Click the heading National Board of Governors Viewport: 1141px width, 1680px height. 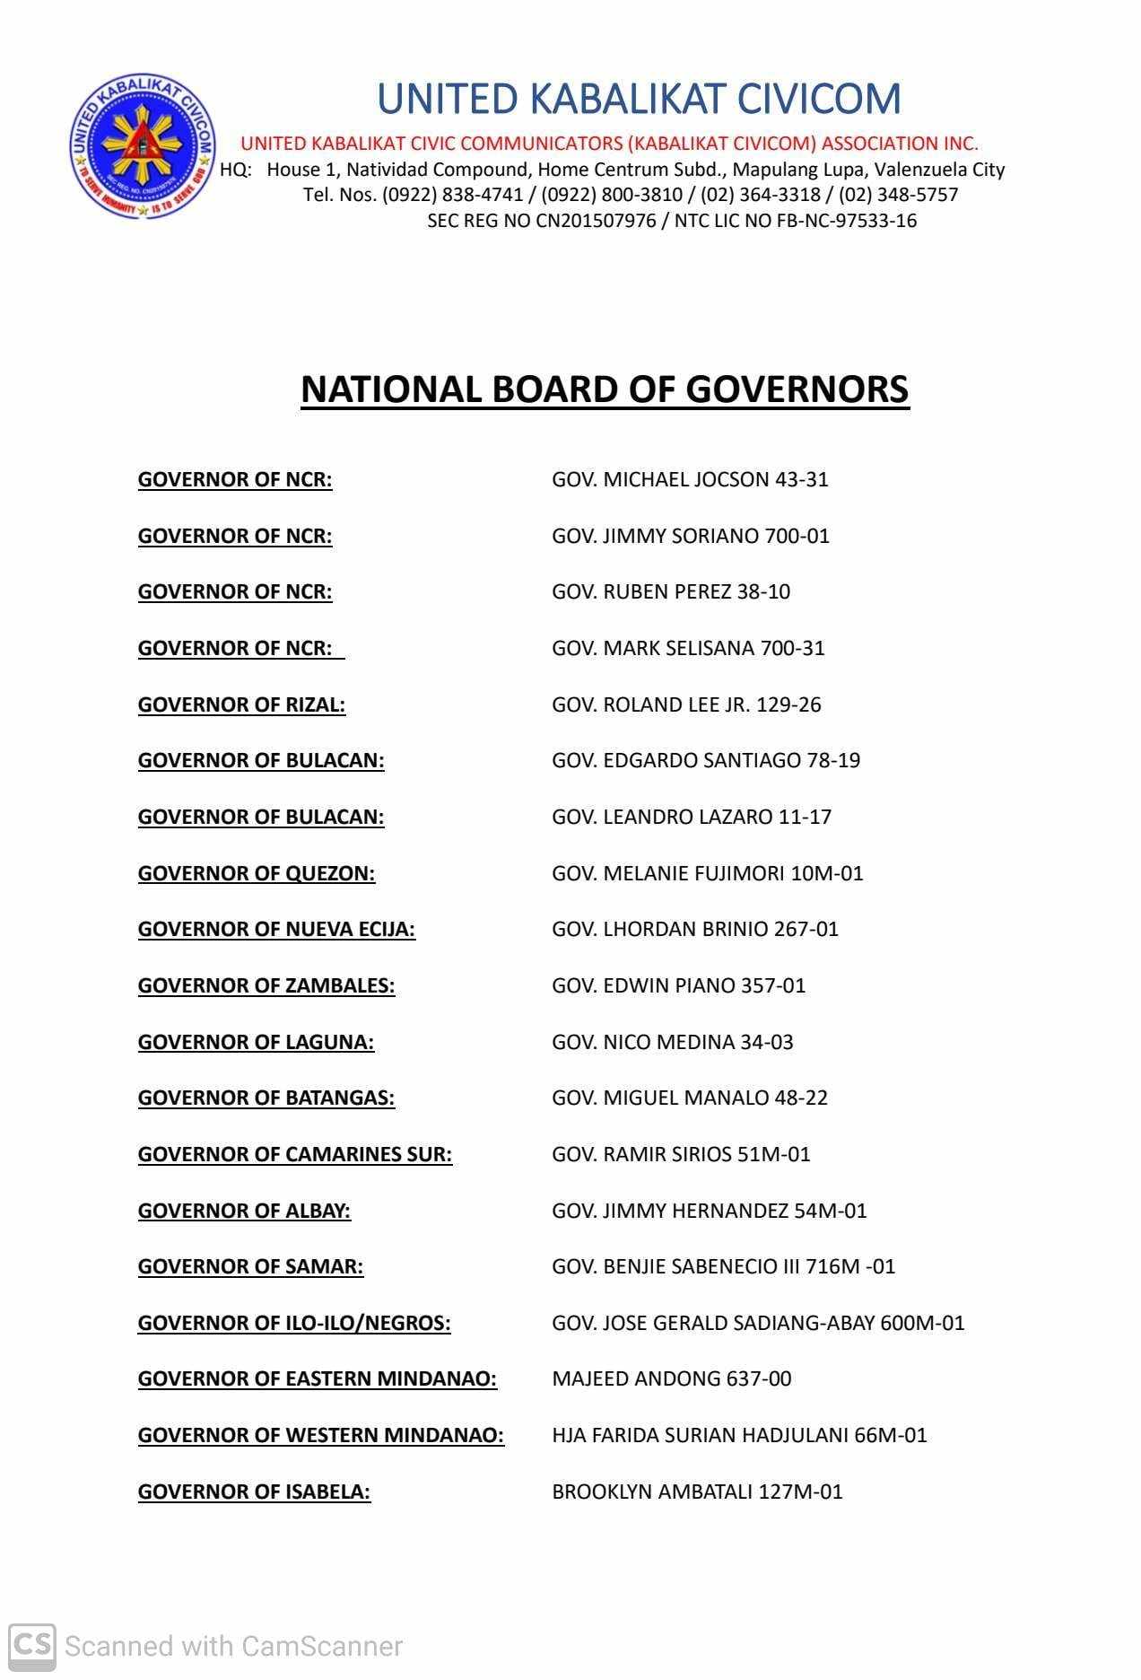tap(605, 389)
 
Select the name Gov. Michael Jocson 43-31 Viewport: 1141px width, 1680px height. tap(690, 479)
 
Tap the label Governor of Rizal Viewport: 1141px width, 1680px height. tap(241, 704)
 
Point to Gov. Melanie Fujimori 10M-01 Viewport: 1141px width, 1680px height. tap(707, 873)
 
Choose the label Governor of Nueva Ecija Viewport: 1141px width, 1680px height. tap(276, 929)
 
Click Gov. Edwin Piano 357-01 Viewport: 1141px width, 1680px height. tap(678, 985)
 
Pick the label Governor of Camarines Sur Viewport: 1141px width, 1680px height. tap(294, 1154)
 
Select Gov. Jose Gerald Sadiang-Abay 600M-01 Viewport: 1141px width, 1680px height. tap(758, 1323)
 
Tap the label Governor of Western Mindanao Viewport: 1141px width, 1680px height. tap(320, 1435)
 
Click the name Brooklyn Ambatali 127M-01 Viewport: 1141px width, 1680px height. tap(697, 1492)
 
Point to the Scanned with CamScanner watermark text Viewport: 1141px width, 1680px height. tap(233, 1646)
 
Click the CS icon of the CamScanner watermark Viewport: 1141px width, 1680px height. tap(32, 1646)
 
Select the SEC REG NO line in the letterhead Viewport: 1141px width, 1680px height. tap(672, 221)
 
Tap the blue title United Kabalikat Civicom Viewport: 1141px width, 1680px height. tap(639, 99)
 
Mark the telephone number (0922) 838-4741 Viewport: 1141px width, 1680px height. tap(453, 195)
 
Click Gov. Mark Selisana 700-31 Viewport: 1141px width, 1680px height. tap(688, 648)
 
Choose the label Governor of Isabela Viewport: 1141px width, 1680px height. tap(254, 1492)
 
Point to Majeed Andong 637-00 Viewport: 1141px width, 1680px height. tap(671, 1378)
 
